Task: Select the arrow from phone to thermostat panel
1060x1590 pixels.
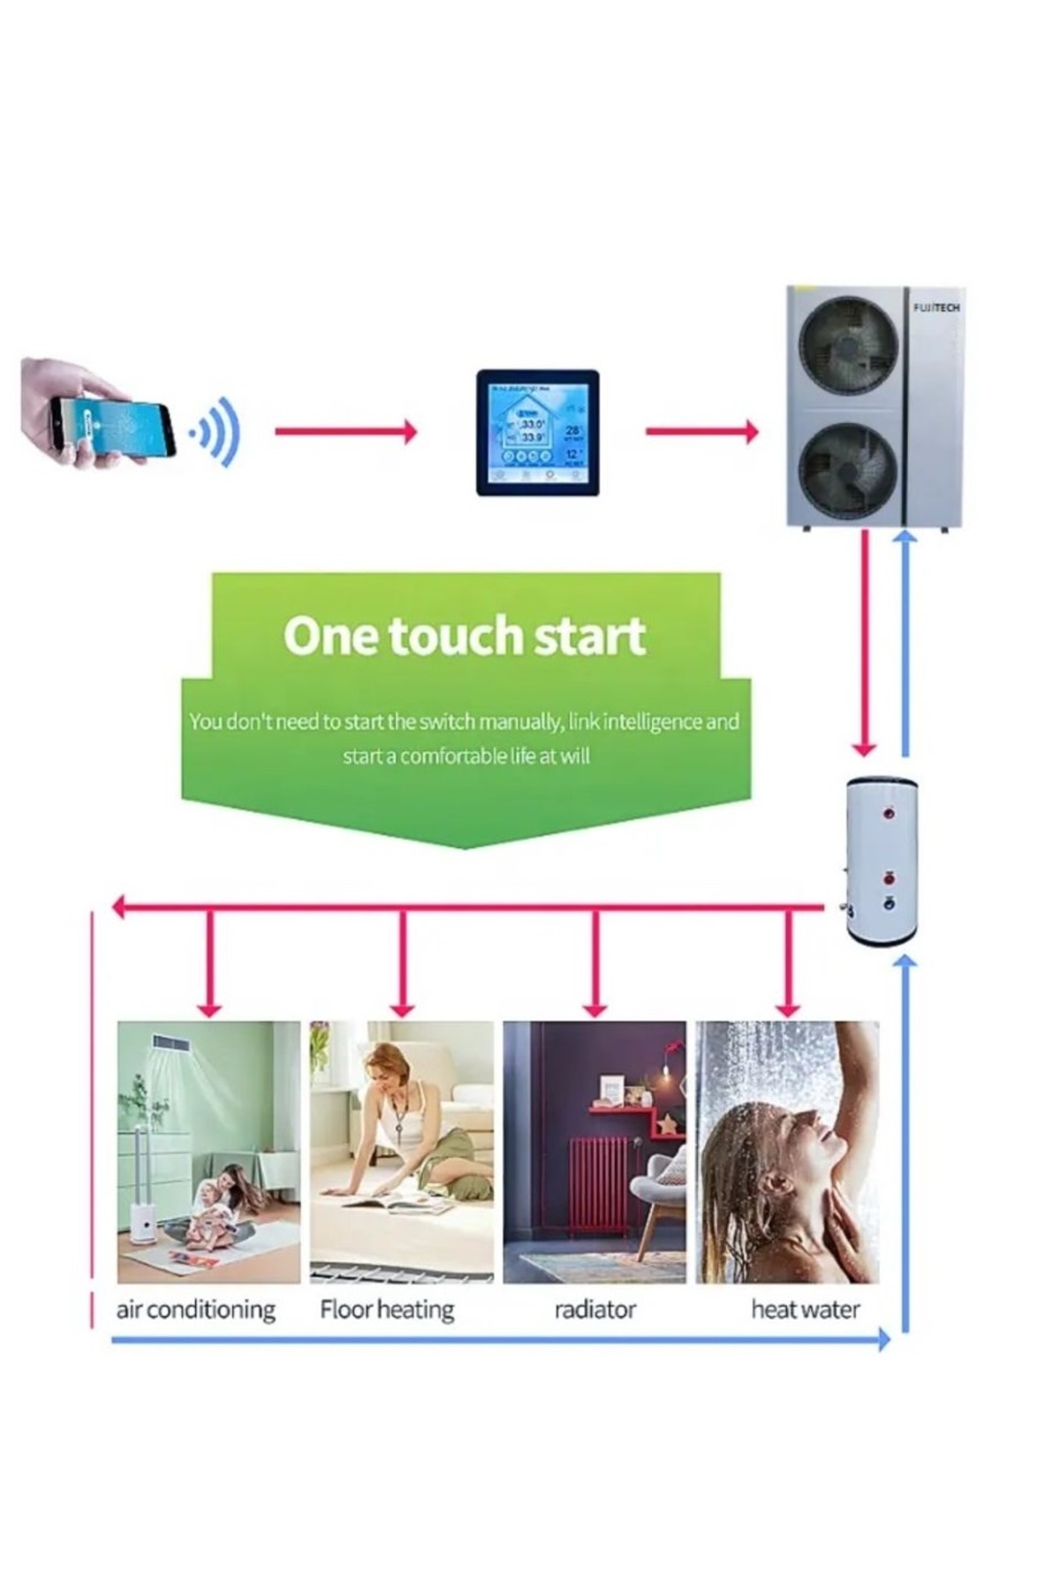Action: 344,432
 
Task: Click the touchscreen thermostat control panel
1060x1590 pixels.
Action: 537,433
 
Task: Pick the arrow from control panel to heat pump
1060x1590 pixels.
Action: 701,432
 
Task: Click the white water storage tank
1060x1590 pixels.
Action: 882,861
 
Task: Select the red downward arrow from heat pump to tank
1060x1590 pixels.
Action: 866,645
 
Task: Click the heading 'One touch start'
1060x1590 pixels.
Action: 465,636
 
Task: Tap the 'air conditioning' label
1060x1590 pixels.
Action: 195,1309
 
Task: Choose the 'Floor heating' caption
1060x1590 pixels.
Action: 387,1309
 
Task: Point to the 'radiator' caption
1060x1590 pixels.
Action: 594,1309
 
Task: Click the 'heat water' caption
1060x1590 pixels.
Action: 805,1309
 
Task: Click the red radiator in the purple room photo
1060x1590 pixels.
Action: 599,1184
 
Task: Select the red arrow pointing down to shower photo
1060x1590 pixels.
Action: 788,963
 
